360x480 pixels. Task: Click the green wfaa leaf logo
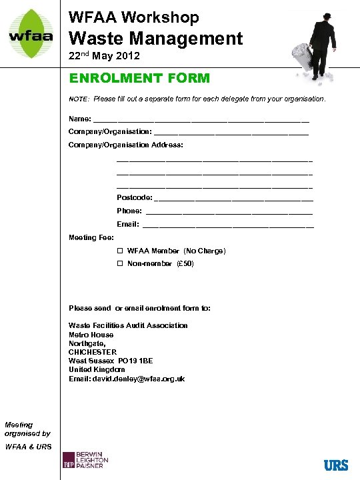tap(31, 33)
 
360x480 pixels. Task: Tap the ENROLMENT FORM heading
tap(139, 78)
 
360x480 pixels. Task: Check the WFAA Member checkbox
tap(121, 251)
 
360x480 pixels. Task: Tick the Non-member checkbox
tap(121, 264)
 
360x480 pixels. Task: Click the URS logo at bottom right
tap(336, 465)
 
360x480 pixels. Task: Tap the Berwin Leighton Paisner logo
tap(85, 461)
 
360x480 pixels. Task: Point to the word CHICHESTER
tap(93, 352)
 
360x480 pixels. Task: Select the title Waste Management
tap(156, 38)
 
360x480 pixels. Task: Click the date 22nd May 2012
tap(104, 57)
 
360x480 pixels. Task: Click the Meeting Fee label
tap(91, 237)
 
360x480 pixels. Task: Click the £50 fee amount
tap(185, 264)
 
